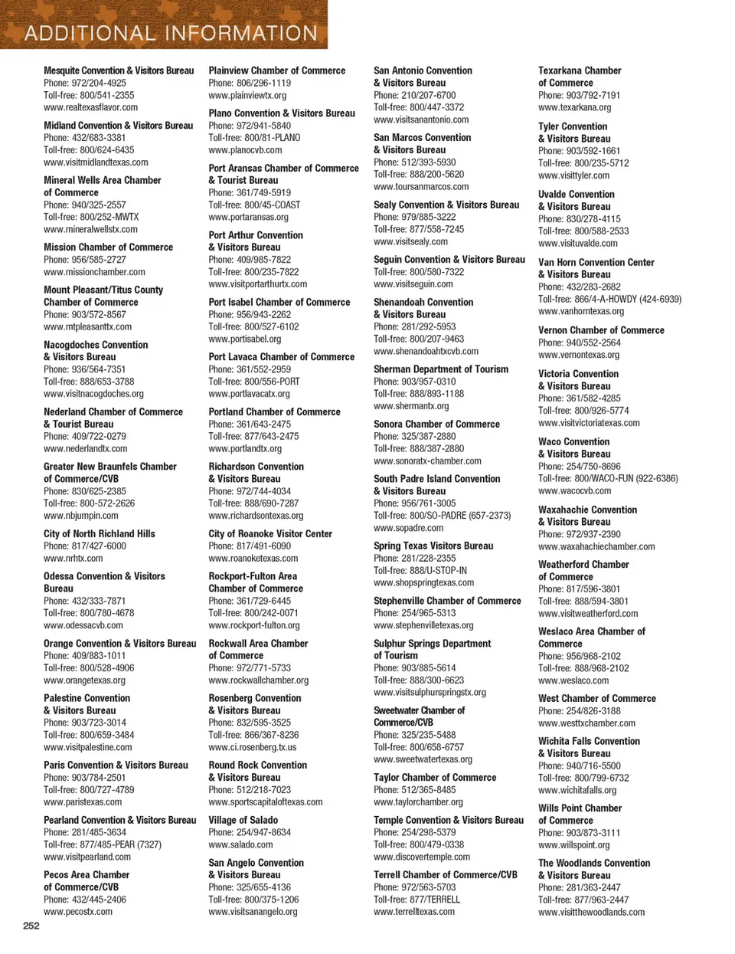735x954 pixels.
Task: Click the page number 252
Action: pyautogui.click(x=31, y=926)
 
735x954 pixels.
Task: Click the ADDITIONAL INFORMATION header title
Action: pyautogui.click(x=171, y=33)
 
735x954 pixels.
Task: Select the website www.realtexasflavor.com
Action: pyautogui.click(x=90, y=107)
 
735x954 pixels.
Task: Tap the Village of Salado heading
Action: pyautogui.click(x=243, y=820)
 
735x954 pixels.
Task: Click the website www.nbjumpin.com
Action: pyautogui.click(x=80, y=516)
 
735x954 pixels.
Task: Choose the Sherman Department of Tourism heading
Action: pyautogui.click(x=440, y=369)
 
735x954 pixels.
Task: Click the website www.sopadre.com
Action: pyautogui.click(x=408, y=528)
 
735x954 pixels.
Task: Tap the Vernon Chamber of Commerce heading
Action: pyautogui.click(x=601, y=330)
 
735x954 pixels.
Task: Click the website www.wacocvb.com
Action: pyautogui.click(x=574, y=491)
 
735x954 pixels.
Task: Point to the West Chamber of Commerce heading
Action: pyautogui.click(x=596, y=699)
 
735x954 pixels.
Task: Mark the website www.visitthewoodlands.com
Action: pyautogui.click(x=591, y=913)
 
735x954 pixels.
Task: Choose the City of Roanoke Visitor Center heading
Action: pyautogui.click(x=270, y=534)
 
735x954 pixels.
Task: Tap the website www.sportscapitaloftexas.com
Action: pyautogui.click(x=265, y=802)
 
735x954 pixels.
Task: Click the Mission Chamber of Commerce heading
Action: pyautogui.click(x=108, y=248)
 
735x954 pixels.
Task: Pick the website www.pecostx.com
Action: pyautogui.click(x=77, y=912)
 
